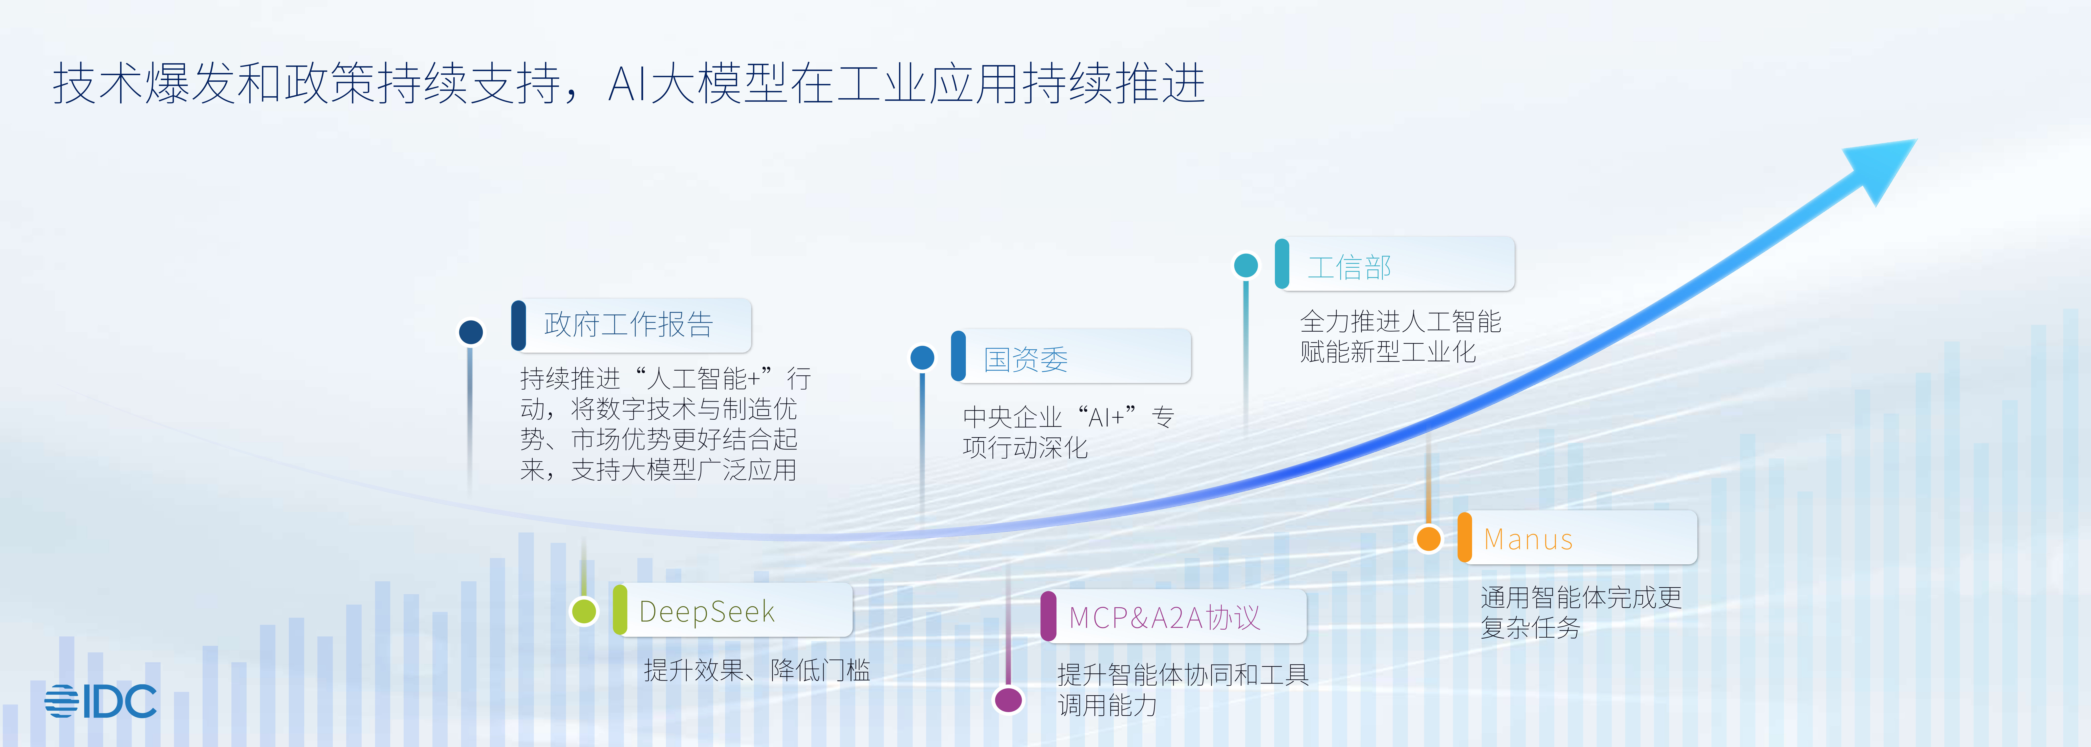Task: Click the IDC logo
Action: tap(101, 701)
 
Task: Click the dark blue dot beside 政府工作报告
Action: tap(471, 331)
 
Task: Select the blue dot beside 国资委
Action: tap(922, 357)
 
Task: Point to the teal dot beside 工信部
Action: tap(1246, 265)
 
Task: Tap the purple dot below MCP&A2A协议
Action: tap(1008, 699)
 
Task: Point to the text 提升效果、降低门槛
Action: tap(756, 670)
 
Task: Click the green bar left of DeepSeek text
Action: tap(620, 610)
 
